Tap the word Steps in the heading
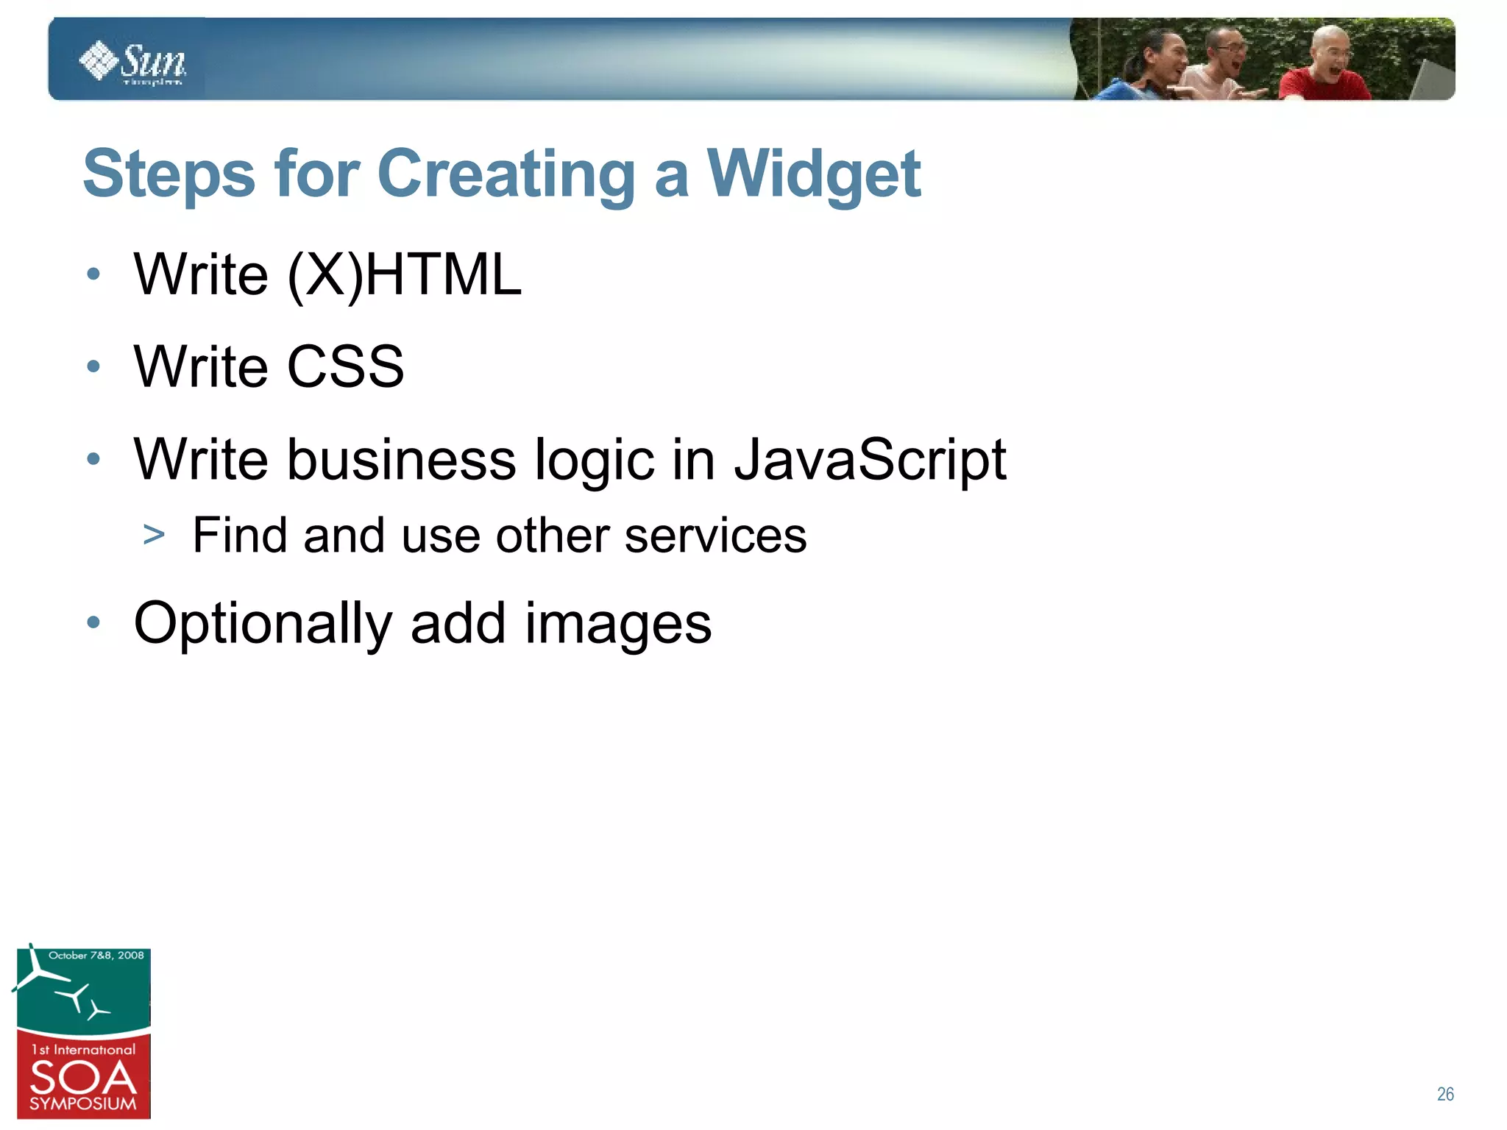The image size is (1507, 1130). coord(169,174)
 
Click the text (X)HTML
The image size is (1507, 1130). coord(404,274)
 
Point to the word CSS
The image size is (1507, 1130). coord(345,366)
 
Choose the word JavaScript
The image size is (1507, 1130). coord(870,460)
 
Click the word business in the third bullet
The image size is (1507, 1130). coord(401,460)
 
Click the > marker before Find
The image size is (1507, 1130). coord(154,535)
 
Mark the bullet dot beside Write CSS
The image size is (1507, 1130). coord(93,366)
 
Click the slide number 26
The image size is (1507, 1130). coord(1445,1094)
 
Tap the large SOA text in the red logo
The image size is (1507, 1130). coord(83,1078)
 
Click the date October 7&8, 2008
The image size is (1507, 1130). coord(96,956)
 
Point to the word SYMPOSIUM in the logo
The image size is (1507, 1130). coord(83,1104)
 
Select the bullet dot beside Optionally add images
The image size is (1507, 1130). coord(93,623)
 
